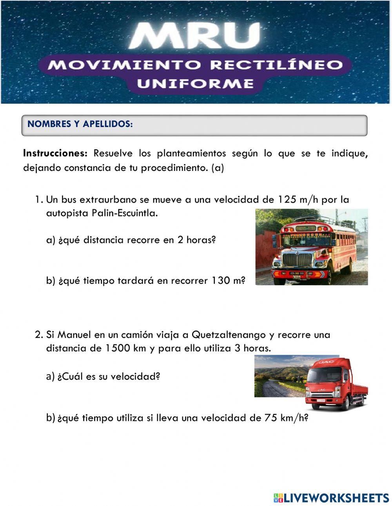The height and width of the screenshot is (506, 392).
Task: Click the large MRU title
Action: [x=195, y=36]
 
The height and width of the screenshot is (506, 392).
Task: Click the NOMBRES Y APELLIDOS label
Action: [x=80, y=124]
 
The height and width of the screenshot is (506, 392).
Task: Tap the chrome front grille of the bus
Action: [x=298, y=259]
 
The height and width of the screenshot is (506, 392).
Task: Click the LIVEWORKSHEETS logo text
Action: [x=335, y=498]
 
